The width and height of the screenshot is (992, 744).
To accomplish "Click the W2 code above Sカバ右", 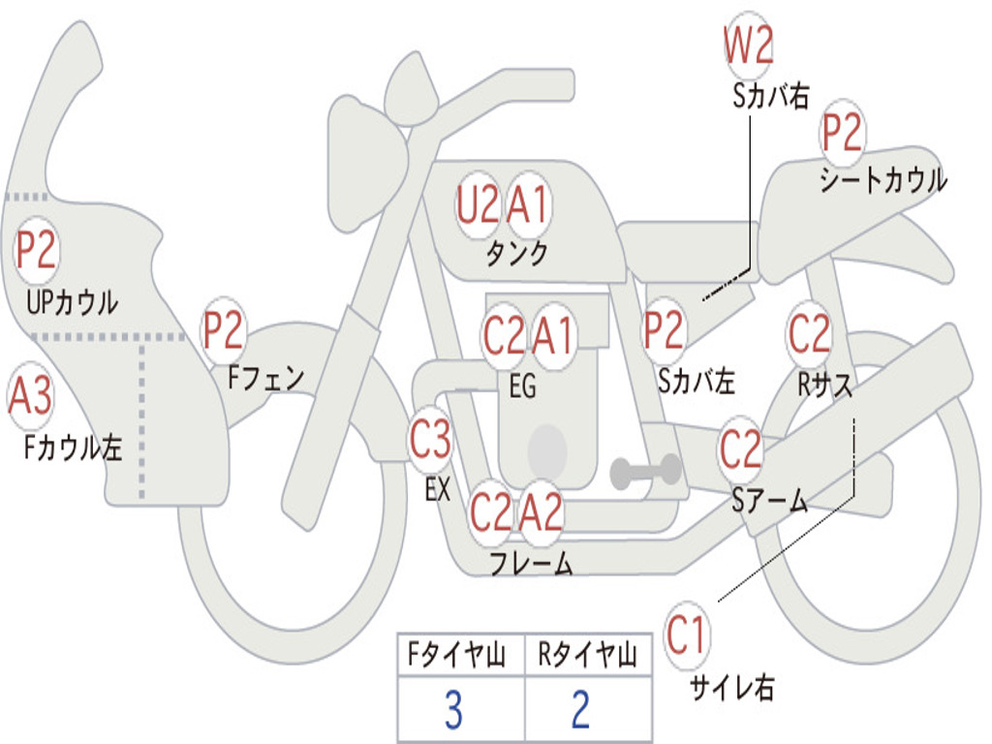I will pos(748,46).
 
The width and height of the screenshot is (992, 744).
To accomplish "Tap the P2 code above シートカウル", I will pos(843,134).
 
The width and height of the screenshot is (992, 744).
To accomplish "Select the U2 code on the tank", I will pos(478,204).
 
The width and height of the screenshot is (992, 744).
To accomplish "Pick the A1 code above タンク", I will pos(529,204).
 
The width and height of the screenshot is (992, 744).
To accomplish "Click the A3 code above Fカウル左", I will pos(30,396).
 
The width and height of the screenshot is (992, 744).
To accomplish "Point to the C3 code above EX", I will pos(430,441).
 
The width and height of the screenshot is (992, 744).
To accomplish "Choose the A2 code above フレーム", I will pos(541,511).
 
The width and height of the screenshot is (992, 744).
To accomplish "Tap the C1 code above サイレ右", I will pos(687,636).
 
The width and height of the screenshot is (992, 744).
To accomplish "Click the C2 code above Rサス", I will pos(809,334).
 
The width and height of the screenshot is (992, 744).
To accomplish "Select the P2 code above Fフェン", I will pos(223,331).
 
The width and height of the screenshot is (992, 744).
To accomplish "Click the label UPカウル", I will pos(72,302).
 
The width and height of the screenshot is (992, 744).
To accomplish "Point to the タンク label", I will pos(516,254).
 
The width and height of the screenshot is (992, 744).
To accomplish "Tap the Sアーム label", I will pos(769,500).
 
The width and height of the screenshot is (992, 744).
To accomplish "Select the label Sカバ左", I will pos(696,382).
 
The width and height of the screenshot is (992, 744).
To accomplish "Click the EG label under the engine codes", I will pos(522,387).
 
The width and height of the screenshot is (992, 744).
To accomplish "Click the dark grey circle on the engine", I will pos(547,447).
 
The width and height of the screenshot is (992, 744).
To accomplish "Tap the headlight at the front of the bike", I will pos(367,162).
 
